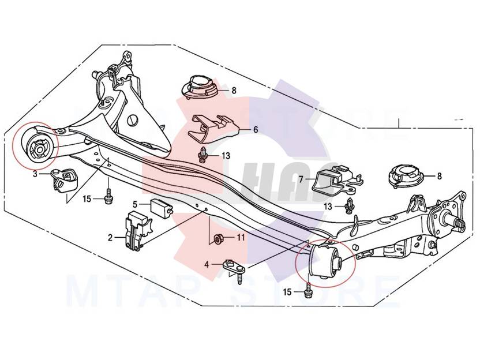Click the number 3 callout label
click(35, 173)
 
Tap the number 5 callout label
click(135, 204)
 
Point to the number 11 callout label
click(241, 237)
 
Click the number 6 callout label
click(255, 130)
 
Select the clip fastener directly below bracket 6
click(202, 155)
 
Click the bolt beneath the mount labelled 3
click(108, 196)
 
